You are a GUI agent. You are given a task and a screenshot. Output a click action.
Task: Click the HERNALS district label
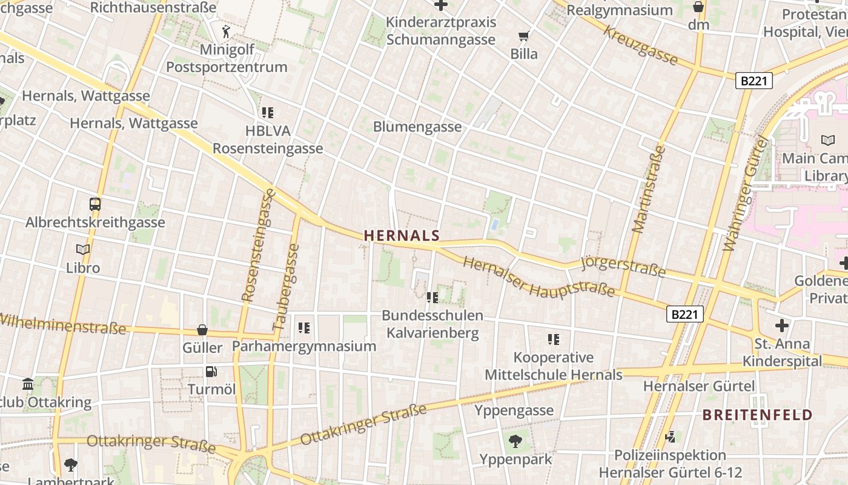click(402, 235)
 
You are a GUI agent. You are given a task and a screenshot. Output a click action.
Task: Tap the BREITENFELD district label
click(757, 415)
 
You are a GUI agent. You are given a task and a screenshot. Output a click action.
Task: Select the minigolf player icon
click(227, 31)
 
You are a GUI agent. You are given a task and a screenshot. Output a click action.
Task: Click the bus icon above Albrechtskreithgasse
click(95, 204)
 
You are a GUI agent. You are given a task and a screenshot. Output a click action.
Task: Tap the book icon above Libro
click(83, 249)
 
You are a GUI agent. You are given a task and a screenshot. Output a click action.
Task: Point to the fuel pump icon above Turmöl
click(211, 372)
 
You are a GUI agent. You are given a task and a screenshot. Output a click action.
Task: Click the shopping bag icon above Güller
click(202, 330)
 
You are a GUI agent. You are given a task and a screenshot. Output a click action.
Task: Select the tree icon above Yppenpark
click(515, 441)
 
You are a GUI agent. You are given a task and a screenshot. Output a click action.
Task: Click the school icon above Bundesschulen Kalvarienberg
click(432, 297)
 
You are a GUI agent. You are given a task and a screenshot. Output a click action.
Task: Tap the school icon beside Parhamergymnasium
click(304, 328)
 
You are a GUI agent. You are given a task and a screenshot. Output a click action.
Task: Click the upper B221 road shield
click(754, 81)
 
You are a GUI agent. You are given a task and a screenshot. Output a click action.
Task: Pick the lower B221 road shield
click(685, 313)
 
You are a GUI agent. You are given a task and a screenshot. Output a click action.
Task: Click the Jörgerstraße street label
click(623, 267)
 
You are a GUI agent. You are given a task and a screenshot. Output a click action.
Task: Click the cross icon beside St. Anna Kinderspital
click(782, 326)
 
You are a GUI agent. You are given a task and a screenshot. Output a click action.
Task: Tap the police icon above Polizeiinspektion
click(670, 436)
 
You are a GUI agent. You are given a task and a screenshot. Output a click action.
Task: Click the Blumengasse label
click(417, 127)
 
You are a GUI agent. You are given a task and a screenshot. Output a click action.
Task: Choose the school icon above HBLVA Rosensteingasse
click(268, 112)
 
